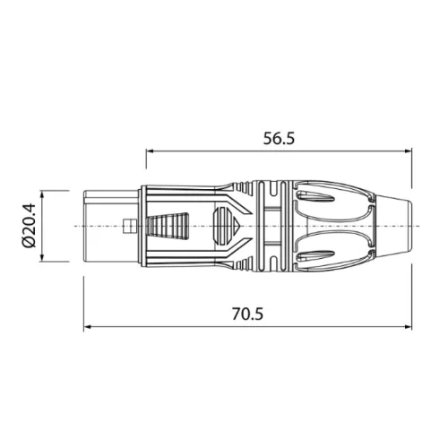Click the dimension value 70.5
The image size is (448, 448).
coord(247,315)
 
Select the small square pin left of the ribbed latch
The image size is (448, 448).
coord(132,226)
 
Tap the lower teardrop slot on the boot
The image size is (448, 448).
coord(323,256)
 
